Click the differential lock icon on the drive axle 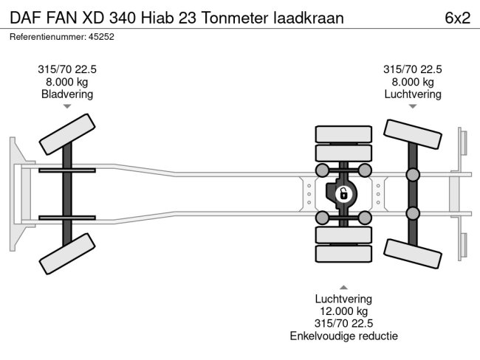click(x=343, y=194)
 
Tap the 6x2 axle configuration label click(x=457, y=18)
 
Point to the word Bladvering click(x=67, y=94)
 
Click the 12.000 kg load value click(x=343, y=312)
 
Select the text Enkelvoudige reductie click(x=343, y=336)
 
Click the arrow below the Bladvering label click(x=67, y=106)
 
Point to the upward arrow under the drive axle click(x=343, y=287)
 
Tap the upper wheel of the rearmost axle click(x=413, y=136)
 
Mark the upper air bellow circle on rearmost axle click(x=413, y=174)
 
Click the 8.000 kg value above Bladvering click(x=67, y=81)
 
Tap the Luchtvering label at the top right click(x=413, y=94)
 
